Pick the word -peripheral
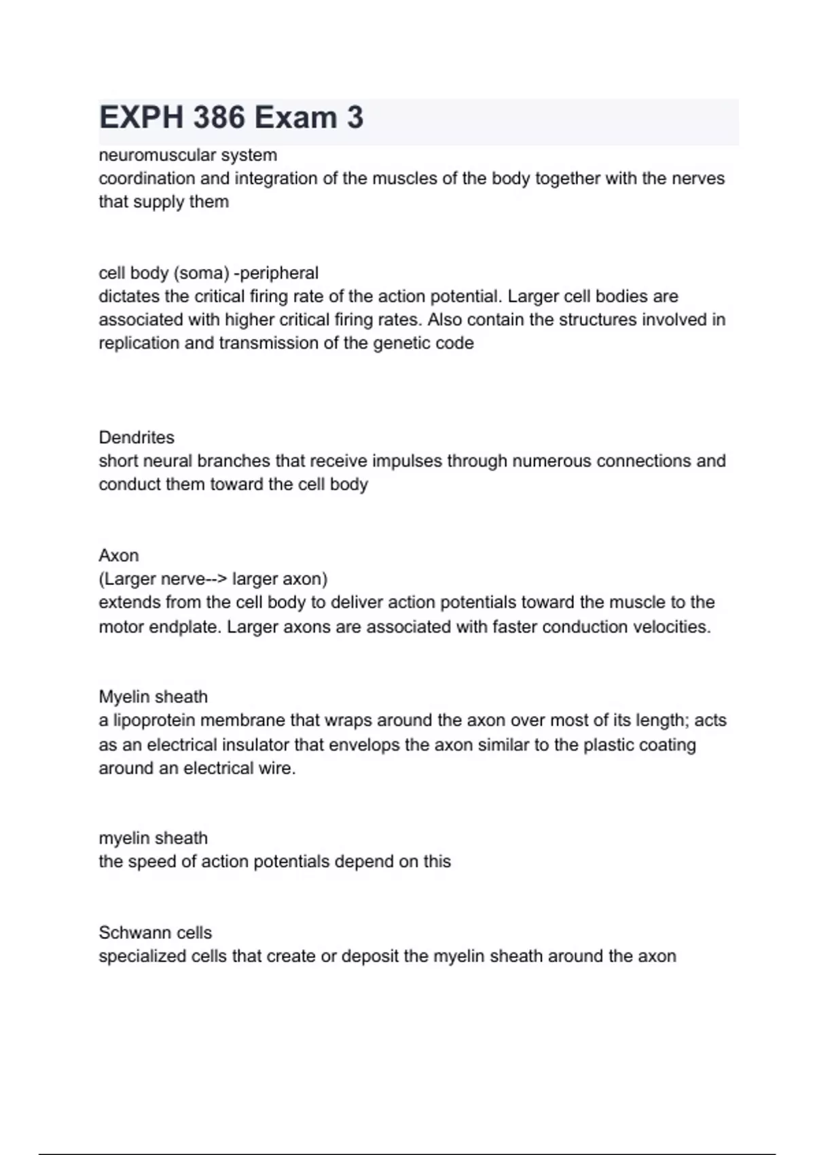pos(276,273)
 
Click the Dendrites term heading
pos(137,438)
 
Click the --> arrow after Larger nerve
pos(217,579)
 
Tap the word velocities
pos(671,626)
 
